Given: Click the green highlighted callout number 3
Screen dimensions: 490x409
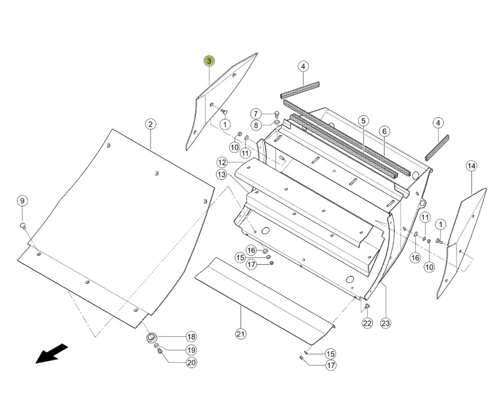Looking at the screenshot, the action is click(x=209, y=61).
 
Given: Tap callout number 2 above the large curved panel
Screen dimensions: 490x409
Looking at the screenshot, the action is click(x=150, y=124).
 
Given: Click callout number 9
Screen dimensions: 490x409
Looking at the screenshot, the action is click(x=22, y=201).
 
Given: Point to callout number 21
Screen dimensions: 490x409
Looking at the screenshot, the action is click(x=241, y=334).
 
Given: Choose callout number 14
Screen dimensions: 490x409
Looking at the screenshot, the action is click(x=472, y=166).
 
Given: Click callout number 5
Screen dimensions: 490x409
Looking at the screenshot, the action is click(x=363, y=121).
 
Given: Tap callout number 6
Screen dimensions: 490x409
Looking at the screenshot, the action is click(x=384, y=131).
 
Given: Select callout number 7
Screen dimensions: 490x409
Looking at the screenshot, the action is click(x=256, y=114).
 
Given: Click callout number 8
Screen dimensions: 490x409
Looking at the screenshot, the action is click(x=256, y=125).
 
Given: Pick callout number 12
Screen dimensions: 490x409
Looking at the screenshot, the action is click(x=222, y=162).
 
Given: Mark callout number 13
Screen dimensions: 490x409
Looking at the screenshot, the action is click(x=222, y=175).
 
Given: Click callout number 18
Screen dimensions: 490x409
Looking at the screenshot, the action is click(x=191, y=337).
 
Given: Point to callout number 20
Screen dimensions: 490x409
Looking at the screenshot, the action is click(x=191, y=363).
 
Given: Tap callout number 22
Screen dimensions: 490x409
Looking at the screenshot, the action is click(x=367, y=323).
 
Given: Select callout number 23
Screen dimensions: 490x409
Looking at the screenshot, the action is click(x=385, y=323).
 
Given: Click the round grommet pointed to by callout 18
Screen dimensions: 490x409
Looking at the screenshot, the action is click(x=151, y=337).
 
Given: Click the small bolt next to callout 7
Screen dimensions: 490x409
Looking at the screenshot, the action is click(x=277, y=115).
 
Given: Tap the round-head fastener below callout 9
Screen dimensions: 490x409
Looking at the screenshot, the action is click(x=23, y=226).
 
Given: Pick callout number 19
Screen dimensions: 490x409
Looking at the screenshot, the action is click(x=191, y=350).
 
